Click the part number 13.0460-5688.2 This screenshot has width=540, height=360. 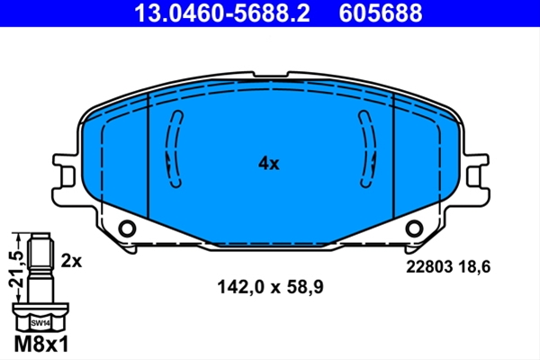[222, 13]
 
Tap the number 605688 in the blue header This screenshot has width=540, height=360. [381, 13]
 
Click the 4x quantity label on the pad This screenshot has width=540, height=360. [269, 163]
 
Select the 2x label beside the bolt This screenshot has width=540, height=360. [71, 261]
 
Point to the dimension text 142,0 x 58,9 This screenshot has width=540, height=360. [270, 286]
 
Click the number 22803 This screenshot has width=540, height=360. [429, 266]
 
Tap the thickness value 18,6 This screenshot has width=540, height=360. [474, 267]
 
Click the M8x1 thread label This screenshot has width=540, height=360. [41, 344]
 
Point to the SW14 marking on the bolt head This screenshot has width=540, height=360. [40, 323]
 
